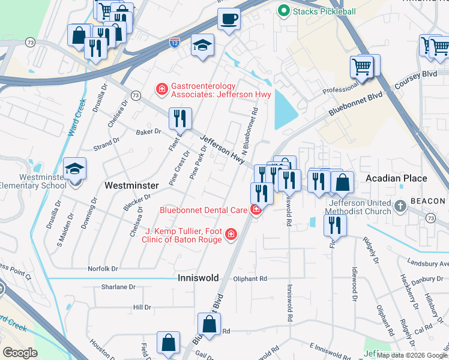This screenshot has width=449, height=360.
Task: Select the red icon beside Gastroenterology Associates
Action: pos(161,89)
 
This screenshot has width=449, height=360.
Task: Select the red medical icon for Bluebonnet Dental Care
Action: pos(256,210)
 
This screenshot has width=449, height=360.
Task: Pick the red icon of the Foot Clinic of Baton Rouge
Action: pos(231,235)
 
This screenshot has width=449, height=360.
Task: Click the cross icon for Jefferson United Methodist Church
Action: pos(400,206)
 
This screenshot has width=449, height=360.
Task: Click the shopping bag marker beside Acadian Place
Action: pos(342,182)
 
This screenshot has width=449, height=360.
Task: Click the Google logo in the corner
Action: pos(20,352)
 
